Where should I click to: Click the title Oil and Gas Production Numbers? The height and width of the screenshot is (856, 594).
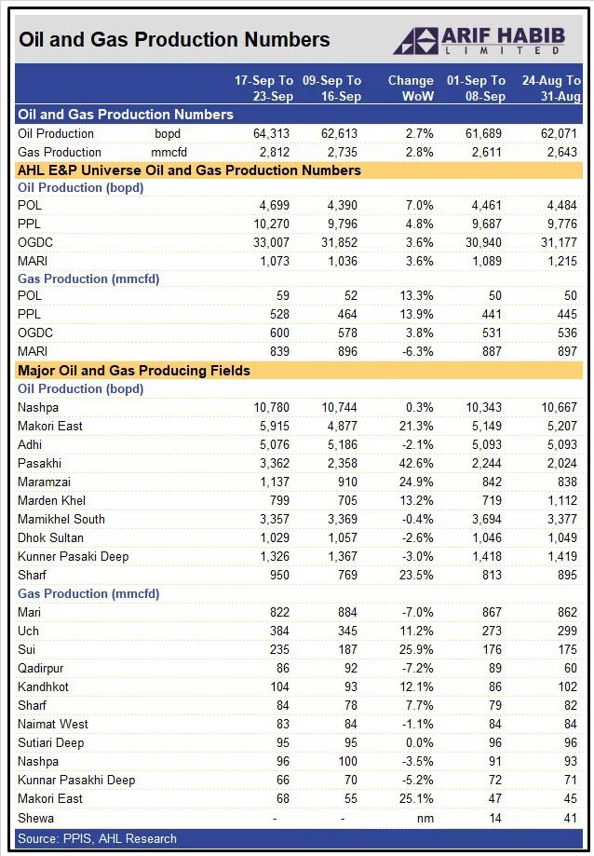(174, 39)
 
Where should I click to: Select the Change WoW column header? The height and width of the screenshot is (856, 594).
(411, 88)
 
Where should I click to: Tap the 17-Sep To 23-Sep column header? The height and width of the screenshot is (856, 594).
(263, 88)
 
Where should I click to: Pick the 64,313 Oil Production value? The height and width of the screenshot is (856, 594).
(272, 133)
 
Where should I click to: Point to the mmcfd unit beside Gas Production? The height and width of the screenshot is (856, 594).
(169, 152)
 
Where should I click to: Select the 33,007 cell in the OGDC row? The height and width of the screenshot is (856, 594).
(272, 242)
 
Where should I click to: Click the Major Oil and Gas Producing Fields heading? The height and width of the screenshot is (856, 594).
(134, 371)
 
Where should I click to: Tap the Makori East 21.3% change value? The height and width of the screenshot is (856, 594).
(415, 426)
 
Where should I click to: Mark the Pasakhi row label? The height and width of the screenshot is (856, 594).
(40, 463)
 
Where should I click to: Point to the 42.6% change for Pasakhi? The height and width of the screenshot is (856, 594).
(415, 463)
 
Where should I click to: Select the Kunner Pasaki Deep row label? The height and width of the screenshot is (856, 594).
(73, 556)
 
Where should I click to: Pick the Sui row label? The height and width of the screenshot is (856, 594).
(27, 649)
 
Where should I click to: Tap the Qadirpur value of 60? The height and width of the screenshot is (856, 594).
(569, 668)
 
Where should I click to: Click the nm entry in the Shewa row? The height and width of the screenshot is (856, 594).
(425, 818)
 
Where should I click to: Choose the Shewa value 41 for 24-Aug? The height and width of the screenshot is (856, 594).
(569, 818)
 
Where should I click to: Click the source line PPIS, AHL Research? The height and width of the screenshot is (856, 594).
(97, 838)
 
